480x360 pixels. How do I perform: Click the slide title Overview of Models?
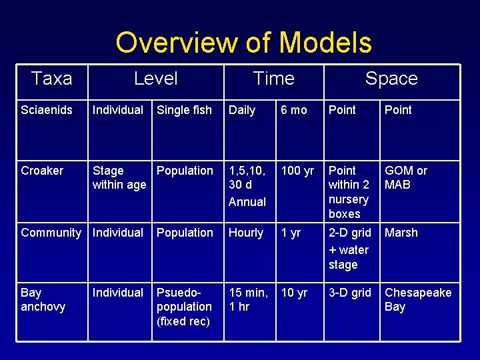click(243, 43)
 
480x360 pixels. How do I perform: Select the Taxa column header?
click(51, 79)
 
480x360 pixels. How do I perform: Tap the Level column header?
click(155, 79)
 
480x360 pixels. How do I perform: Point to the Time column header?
click(273, 79)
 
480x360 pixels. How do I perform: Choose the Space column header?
click(391, 79)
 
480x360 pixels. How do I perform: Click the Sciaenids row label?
click(47, 110)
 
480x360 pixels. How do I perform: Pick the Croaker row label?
click(42, 171)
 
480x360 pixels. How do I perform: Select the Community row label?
click(51, 233)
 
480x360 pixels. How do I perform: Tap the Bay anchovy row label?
click(43, 299)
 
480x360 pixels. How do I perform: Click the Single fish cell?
click(184, 110)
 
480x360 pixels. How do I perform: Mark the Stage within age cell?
click(119, 178)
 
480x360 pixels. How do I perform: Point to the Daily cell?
click(242, 110)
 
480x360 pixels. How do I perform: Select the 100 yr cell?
click(297, 171)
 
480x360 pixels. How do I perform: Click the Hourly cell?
click(246, 233)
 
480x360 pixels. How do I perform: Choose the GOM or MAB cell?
click(406, 178)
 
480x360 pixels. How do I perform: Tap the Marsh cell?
click(401, 233)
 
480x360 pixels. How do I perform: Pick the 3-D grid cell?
click(350, 293)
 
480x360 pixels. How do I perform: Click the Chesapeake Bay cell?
click(418, 299)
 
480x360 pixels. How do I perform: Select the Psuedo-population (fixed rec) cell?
click(184, 307)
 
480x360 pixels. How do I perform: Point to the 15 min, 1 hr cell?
click(249, 299)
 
